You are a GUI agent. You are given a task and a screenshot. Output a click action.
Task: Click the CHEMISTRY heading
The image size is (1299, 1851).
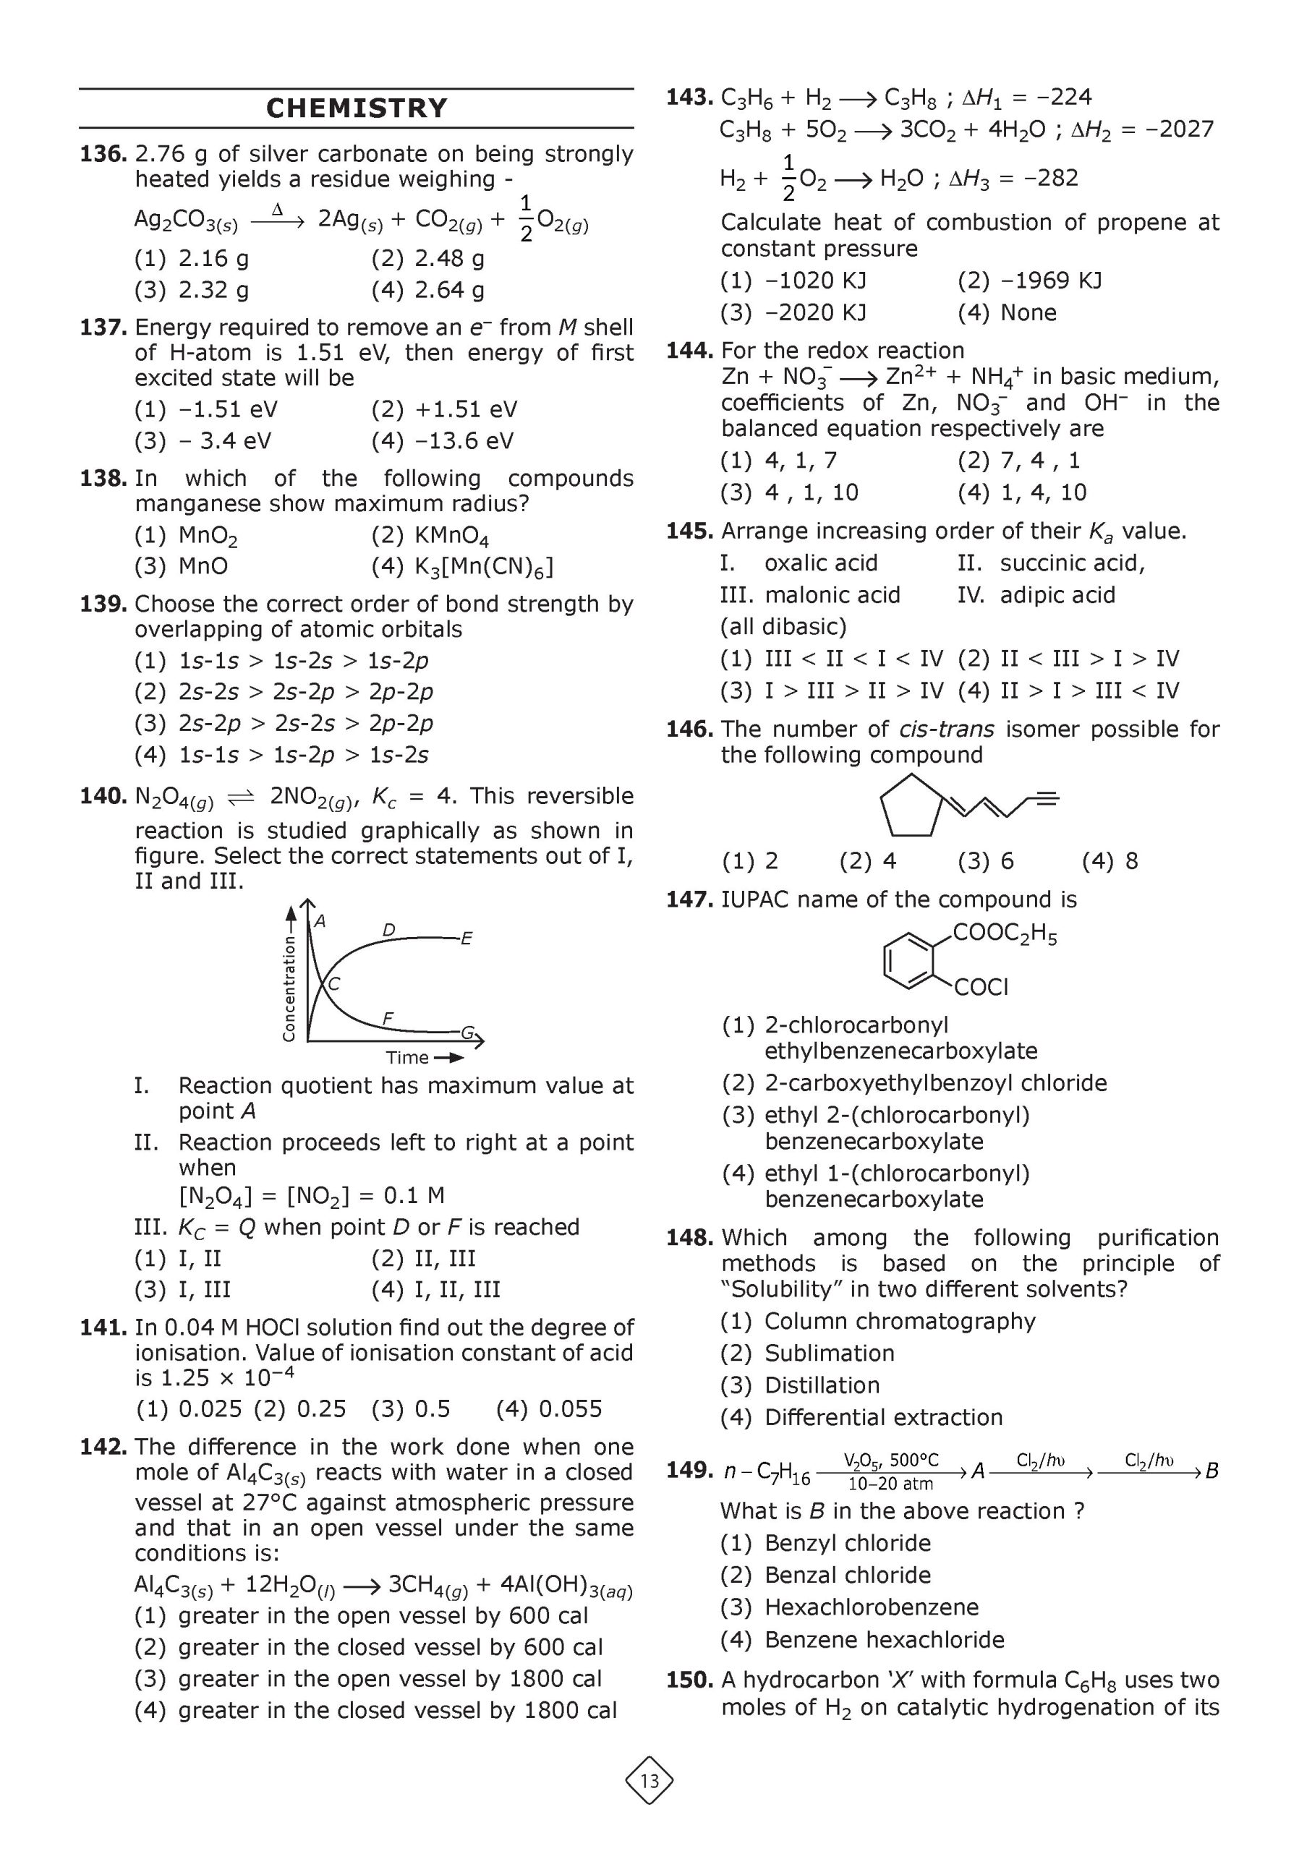tap(357, 108)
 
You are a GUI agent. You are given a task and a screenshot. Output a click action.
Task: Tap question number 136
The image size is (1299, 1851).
tap(103, 154)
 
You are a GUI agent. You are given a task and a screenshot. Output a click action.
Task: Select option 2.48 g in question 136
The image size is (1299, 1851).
tap(427, 259)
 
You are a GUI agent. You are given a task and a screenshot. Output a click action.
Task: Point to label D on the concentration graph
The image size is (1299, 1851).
tap(388, 931)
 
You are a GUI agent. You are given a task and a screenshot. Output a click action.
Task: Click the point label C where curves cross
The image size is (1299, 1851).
tap(334, 983)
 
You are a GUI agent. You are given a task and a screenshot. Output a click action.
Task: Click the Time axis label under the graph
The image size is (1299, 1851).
tap(407, 1058)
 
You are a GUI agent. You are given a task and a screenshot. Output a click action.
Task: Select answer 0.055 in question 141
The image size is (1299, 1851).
tap(549, 1408)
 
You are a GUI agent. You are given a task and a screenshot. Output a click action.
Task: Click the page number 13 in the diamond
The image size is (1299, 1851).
tap(649, 1781)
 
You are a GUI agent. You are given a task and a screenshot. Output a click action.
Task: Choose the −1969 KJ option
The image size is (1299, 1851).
tap(1029, 281)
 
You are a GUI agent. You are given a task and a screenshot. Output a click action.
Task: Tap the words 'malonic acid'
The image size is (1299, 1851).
tap(832, 595)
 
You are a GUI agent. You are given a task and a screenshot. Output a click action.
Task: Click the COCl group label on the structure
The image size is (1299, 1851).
tap(981, 988)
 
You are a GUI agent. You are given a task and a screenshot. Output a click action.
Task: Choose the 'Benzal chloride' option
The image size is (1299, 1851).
tap(848, 1575)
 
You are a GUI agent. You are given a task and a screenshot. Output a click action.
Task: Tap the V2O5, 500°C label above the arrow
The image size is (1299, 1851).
tap(890, 1460)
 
